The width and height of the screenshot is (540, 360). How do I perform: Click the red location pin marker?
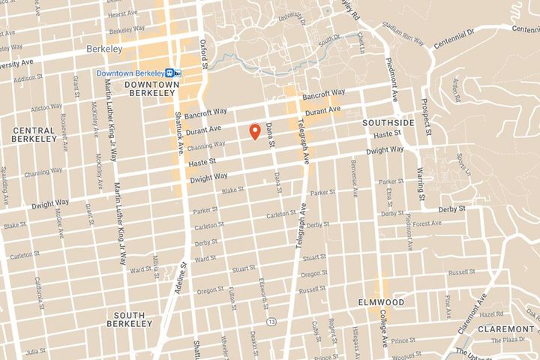pos(255,131)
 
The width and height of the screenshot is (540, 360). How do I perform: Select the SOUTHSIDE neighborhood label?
pos(388,121)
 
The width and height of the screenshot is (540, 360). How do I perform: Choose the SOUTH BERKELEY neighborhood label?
pos(132,319)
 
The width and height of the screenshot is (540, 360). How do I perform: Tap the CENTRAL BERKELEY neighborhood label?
pos(34,134)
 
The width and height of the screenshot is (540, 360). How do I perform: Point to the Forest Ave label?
pos(426,223)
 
